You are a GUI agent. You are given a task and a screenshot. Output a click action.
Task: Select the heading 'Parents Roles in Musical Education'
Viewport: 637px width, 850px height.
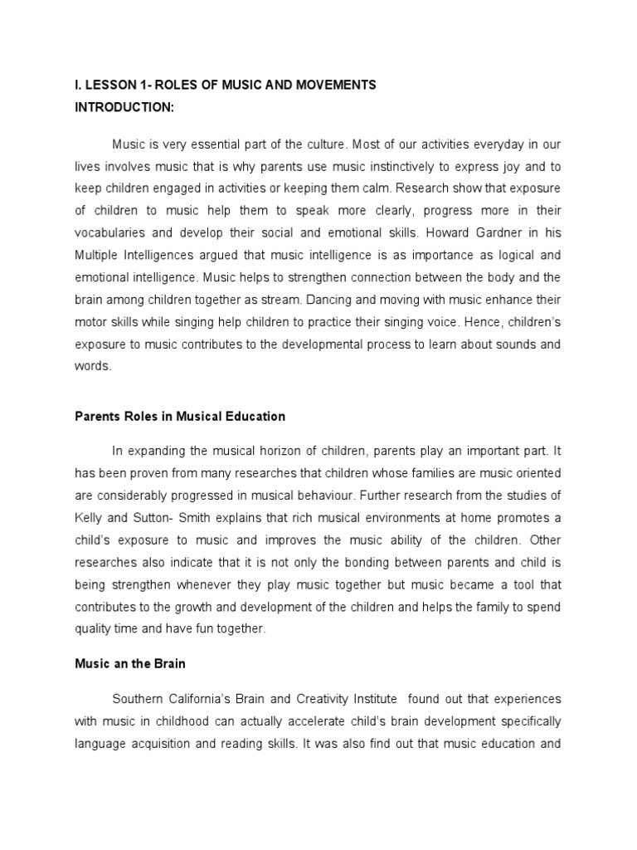coord(180,416)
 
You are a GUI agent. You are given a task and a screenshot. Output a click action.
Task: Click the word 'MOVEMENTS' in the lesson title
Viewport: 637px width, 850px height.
coord(336,85)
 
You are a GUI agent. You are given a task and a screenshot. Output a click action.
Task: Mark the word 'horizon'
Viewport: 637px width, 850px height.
coord(291,452)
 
